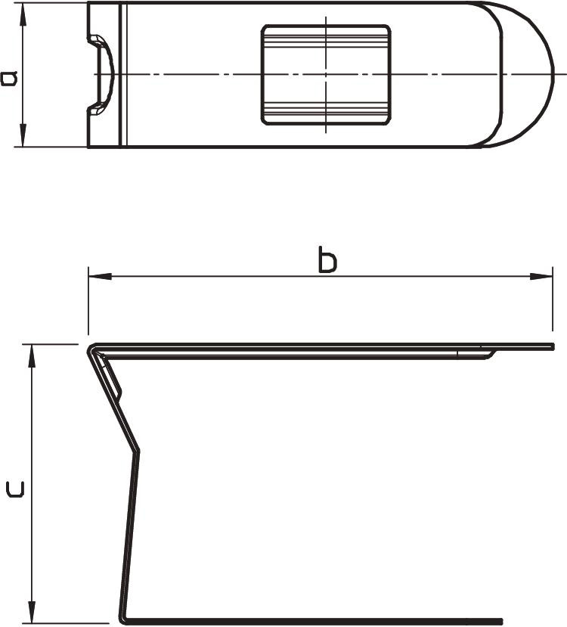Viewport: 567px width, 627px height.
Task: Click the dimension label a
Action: [x=10, y=78]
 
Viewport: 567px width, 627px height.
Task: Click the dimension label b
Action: [x=327, y=260]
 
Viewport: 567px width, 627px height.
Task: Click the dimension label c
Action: [x=16, y=489]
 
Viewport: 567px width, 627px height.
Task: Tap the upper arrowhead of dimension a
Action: [x=23, y=14]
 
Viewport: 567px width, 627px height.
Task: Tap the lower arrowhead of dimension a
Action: [x=23, y=135]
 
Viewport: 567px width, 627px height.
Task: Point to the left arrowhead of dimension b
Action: [x=100, y=276]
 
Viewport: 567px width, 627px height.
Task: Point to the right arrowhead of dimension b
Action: [x=541, y=276]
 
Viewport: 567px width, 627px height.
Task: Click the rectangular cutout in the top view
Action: [x=326, y=75]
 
